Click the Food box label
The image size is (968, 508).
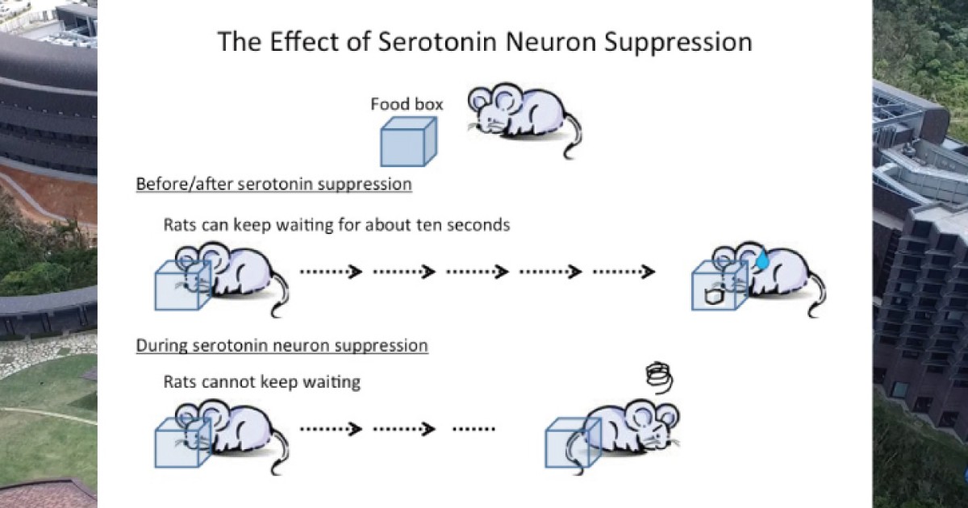point(407,104)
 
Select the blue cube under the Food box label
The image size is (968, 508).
point(407,141)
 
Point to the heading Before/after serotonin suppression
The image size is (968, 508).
point(273,184)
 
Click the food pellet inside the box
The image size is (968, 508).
point(711,297)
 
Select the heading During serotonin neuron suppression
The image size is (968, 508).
point(282,346)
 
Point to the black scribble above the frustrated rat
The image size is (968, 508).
point(659,376)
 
